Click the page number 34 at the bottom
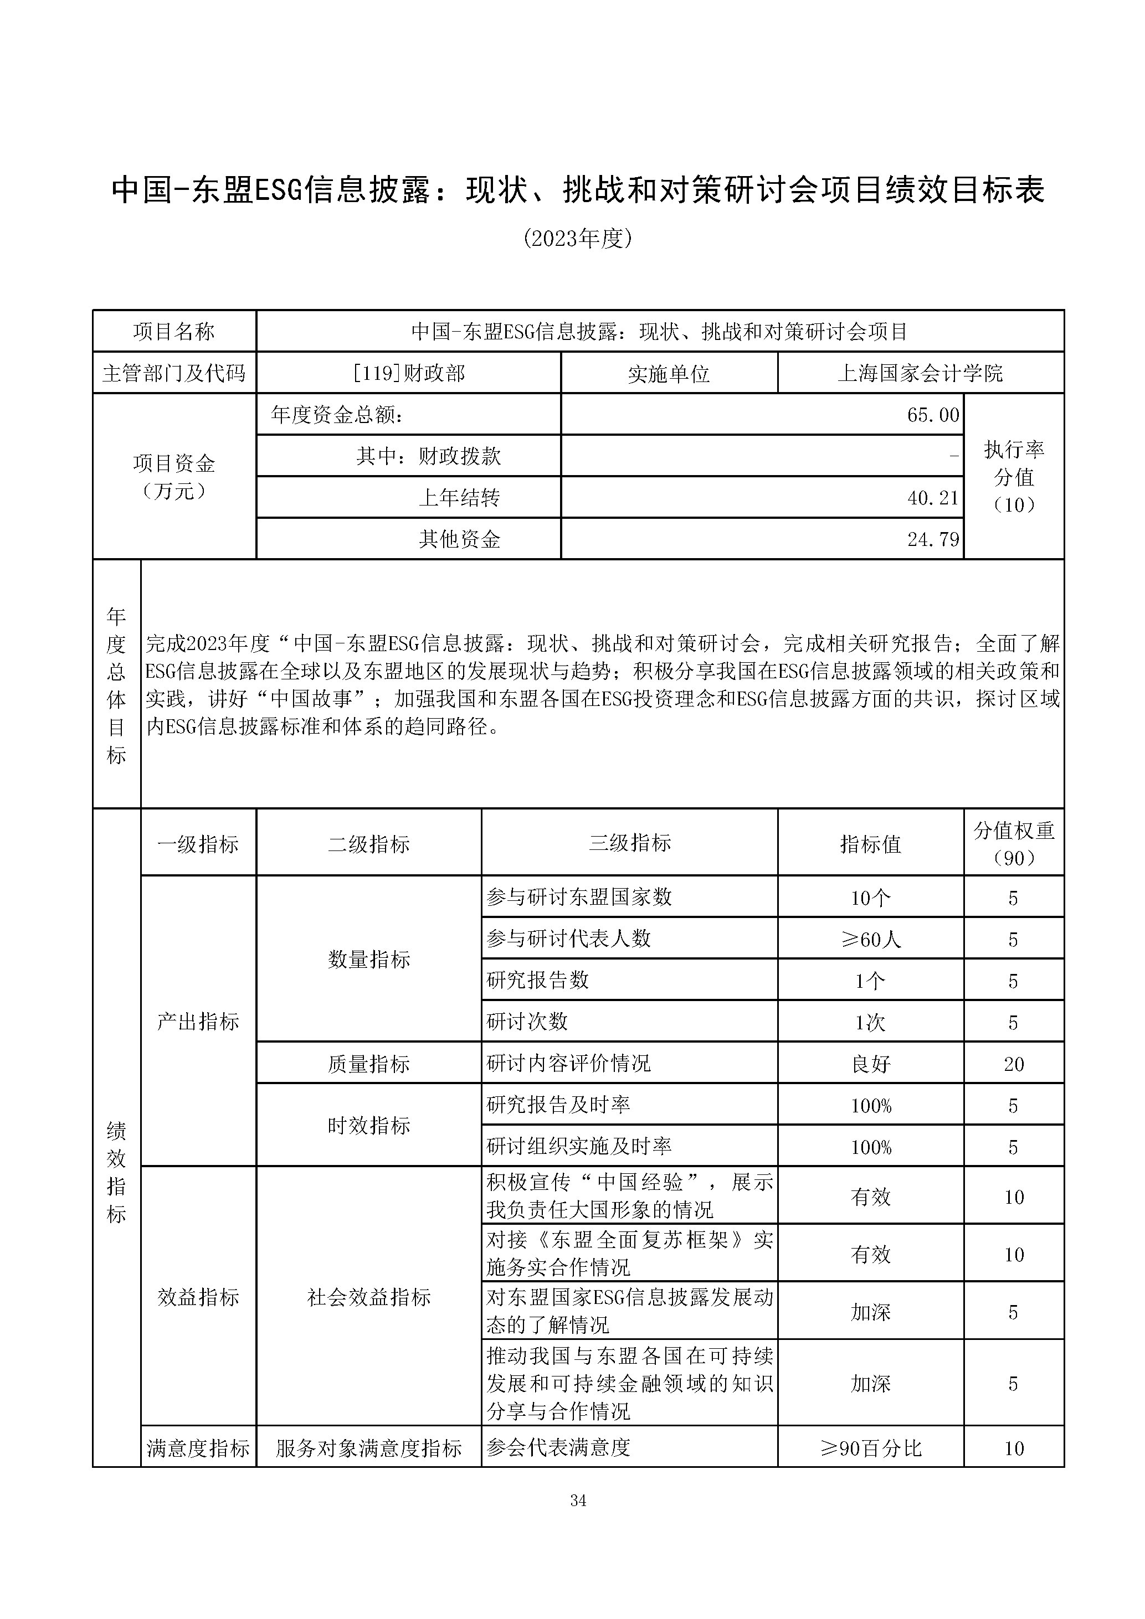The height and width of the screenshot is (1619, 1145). (578, 1500)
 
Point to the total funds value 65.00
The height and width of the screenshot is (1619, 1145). (933, 415)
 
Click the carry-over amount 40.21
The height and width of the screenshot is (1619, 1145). (933, 498)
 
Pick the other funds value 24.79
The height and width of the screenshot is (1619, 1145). (933, 539)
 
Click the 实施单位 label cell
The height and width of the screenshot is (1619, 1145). (669, 373)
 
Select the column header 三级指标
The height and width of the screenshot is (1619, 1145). (629, 843)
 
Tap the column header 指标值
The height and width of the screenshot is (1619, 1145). (871, 843)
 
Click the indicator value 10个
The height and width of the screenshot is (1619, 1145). (871, 898)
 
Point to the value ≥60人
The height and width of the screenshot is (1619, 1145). (871, 939)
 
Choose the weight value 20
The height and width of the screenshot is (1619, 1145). (1013, 1063)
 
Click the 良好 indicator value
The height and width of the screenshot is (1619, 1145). (871, 1063)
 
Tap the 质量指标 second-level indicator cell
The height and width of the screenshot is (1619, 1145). (368, 1063)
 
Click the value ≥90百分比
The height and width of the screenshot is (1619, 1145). (871, 1448)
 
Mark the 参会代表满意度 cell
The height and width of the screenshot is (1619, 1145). (557, 1448)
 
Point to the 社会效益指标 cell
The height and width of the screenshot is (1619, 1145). (368, 1297)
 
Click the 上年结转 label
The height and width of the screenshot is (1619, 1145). (459, 498)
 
